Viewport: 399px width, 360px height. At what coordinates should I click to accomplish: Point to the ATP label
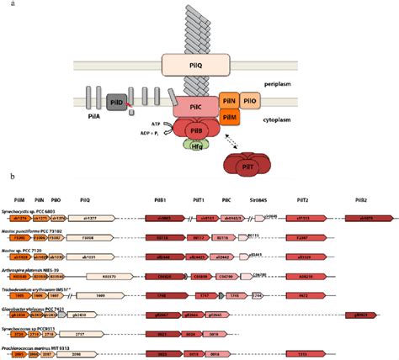click(x=157, y=123)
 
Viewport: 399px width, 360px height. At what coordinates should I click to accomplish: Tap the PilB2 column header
click(x=359, y=200)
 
